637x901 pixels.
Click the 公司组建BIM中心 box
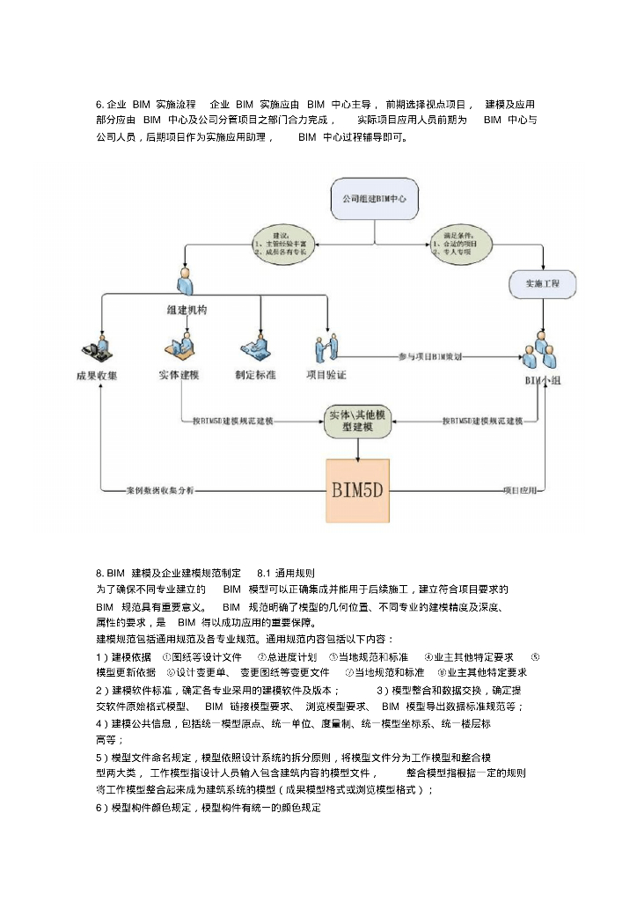374,199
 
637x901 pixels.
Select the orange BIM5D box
358,490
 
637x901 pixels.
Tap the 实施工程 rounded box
542,284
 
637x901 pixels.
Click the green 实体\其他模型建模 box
357,421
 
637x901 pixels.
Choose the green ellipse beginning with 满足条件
462,242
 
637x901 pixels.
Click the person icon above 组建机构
185,282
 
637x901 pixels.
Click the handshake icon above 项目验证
326,348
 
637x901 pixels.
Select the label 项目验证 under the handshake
326,375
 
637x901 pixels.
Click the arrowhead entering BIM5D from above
358,456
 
